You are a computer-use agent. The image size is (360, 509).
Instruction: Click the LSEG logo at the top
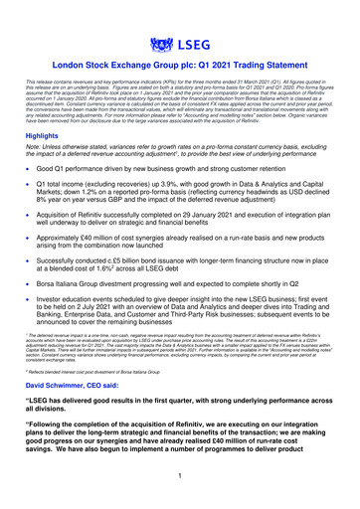click(180, 44)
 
